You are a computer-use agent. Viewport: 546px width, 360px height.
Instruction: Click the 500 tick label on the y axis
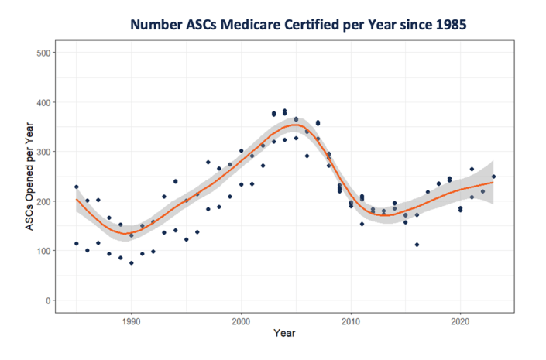[x=43, y=53]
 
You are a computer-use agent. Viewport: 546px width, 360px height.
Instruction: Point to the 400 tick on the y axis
[x=43, y=102]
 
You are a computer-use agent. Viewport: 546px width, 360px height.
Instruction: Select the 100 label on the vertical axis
[x=43, y=251]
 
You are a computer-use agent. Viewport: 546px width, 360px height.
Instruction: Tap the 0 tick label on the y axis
[x=48, y=300]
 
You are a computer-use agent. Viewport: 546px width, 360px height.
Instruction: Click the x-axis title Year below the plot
[x=283, y=334]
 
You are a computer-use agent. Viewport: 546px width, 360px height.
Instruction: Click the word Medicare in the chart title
[x=249, y=24]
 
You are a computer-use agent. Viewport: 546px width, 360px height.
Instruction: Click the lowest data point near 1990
[x=131, y=263]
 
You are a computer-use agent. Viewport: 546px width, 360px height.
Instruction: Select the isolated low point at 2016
[x=417, y=245]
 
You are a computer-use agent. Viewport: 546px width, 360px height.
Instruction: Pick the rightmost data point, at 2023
[x=493, y=177]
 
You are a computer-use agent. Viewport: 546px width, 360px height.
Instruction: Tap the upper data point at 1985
[x=76, y=187]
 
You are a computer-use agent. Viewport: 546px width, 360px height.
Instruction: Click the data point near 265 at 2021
[x=472, y=169]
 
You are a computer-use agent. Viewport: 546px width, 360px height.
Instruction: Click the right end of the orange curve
[x=493, y=182]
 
